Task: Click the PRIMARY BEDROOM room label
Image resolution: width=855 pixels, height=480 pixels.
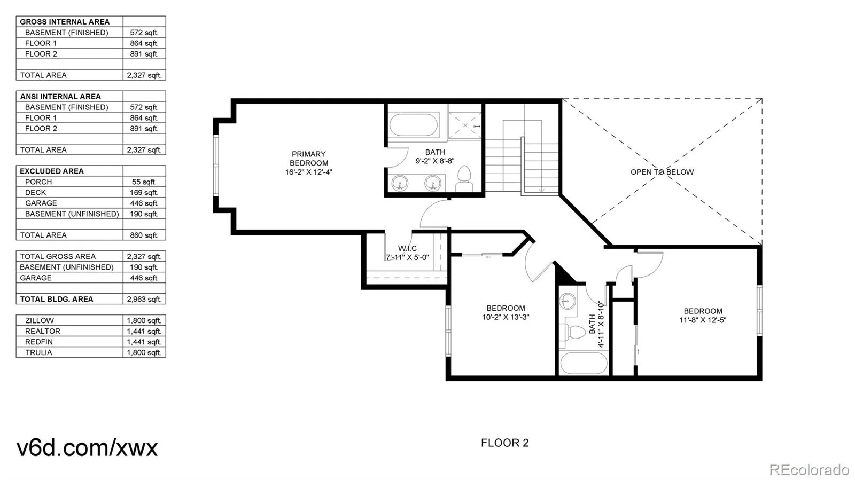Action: pyautogui.click(x=308, y=163)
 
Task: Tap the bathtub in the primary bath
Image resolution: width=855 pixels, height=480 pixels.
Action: pyautogui.click(x=414, y=124)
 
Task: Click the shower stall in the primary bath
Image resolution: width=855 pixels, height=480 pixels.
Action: pyautogui.click(x=464, y=125)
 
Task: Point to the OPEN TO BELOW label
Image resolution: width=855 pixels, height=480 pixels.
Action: pyautogui.click(x=662, y=172)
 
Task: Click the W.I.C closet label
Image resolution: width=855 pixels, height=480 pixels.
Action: pyautogui.click(x=407, y=248)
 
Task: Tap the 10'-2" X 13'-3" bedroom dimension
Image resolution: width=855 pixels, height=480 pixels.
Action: pyautogui.click(x=506, y=317)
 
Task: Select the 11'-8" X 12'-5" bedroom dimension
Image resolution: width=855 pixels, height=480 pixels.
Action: pyautogui.click(x=703, y=320)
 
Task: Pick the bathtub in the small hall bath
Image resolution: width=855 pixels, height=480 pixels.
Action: pyautogui.click(x=583, y=363)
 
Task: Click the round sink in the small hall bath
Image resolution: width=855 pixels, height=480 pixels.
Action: pyautogui.click(x=567, y=301)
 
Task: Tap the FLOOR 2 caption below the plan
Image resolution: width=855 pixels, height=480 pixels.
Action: pyautogui.click(x=504, y=443)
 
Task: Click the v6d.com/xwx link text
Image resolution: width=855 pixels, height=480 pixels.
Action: pyautogui.click(x=87, y=447)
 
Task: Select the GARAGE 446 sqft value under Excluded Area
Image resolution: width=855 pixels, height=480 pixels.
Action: pyautogui.click(x=144, y=203)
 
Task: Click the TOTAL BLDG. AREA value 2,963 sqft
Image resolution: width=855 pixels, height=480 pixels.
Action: pyautogui.click(x=144, y=300)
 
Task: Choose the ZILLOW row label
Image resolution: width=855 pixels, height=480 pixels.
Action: pyautogui.click(x=40, y=321)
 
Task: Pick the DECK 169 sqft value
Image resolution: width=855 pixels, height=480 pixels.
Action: pyautogui.click(x=144, y=193)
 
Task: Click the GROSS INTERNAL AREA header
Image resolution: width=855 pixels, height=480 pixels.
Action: pyautogui.click(x=65, y=22)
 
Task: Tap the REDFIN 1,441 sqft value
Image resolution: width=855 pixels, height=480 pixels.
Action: pyautogui.click(x=144, y=342)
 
